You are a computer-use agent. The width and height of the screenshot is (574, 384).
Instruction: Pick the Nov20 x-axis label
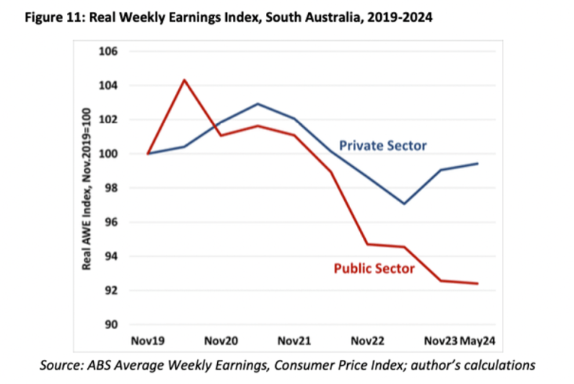[x=221, y=341]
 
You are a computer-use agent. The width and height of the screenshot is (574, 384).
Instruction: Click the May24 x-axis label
[x=479, y=341]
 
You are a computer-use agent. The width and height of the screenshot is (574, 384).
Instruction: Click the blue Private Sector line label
[x=382, y=145]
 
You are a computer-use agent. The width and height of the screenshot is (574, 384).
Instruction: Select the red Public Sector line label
[x=374, y=267]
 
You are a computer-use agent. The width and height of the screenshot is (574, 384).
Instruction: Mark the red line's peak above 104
[x=184, y=80]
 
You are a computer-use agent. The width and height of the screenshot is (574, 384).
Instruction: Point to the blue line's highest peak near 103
[x=258, y=104]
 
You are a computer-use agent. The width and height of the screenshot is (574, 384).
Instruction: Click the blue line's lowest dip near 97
[x=404, y=204]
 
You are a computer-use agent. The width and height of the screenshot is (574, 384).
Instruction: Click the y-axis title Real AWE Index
[x=87, y=188]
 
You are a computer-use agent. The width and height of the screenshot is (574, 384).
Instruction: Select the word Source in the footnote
[x=60, y=365]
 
